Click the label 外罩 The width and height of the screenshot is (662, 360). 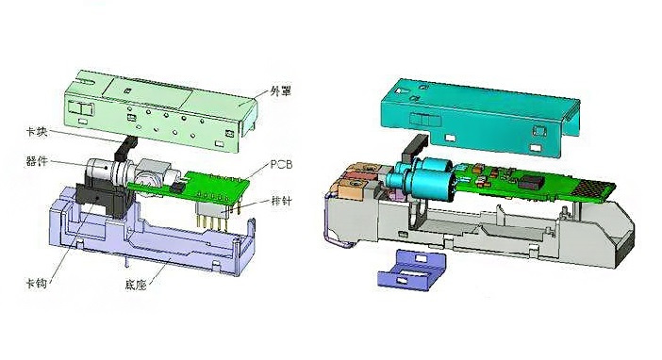[x=280, y=91]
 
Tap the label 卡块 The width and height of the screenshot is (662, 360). [x=37, y=132]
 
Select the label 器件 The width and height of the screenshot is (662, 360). [x=37, y=161]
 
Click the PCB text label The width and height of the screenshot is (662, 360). [x=281, y=164]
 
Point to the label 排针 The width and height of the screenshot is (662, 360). [x=281, y=201]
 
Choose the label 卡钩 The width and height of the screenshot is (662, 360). [x=37, y=283]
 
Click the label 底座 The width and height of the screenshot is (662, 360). [x=136, y=285]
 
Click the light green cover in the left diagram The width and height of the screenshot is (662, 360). [x=160, y=110]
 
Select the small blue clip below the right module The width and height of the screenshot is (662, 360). [x=412, y=270]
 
